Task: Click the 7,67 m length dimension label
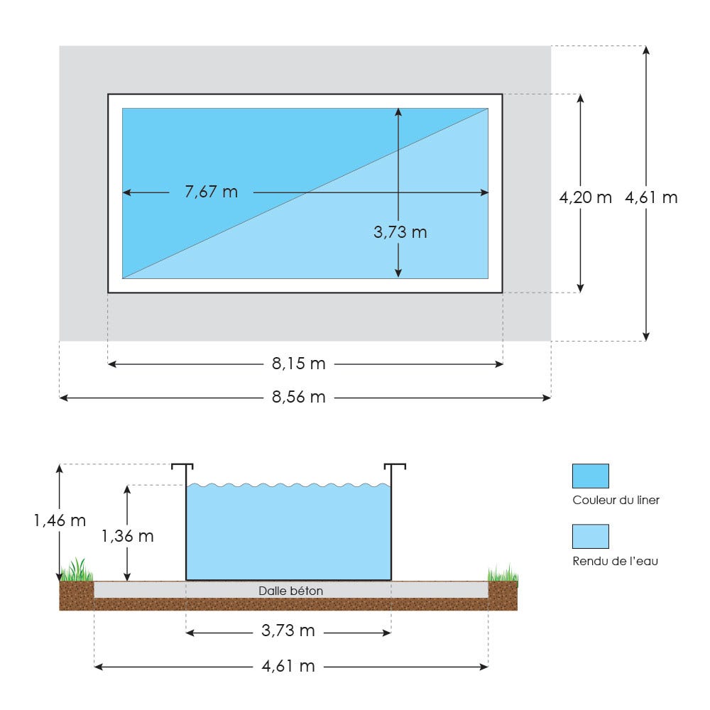click(x=211, y=192)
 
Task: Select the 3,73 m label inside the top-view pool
click(x=400, y=231)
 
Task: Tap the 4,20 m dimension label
click(x=585, y=198)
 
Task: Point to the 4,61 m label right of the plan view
click(x=651, y=198)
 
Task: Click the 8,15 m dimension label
click(x=298, y=364)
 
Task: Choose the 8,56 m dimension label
click(x=298, y=398)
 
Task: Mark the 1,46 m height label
click(x=60, y=520)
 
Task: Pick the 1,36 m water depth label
click(x=127, y=536)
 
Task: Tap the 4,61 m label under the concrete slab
click(x=288, y=666)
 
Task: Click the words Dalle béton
click(x=290, y=591)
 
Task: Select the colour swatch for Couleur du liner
click(x=590, y=476)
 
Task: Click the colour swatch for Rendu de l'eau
click(x=590, y=536)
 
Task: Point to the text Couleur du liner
click(x=616, y=500)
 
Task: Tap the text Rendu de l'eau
click(x=615, y=561)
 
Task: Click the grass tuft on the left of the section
click(x=77, y=571)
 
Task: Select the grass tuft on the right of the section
click(x=503, y=573)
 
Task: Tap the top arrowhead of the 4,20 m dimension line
click(x=581, y=99)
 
